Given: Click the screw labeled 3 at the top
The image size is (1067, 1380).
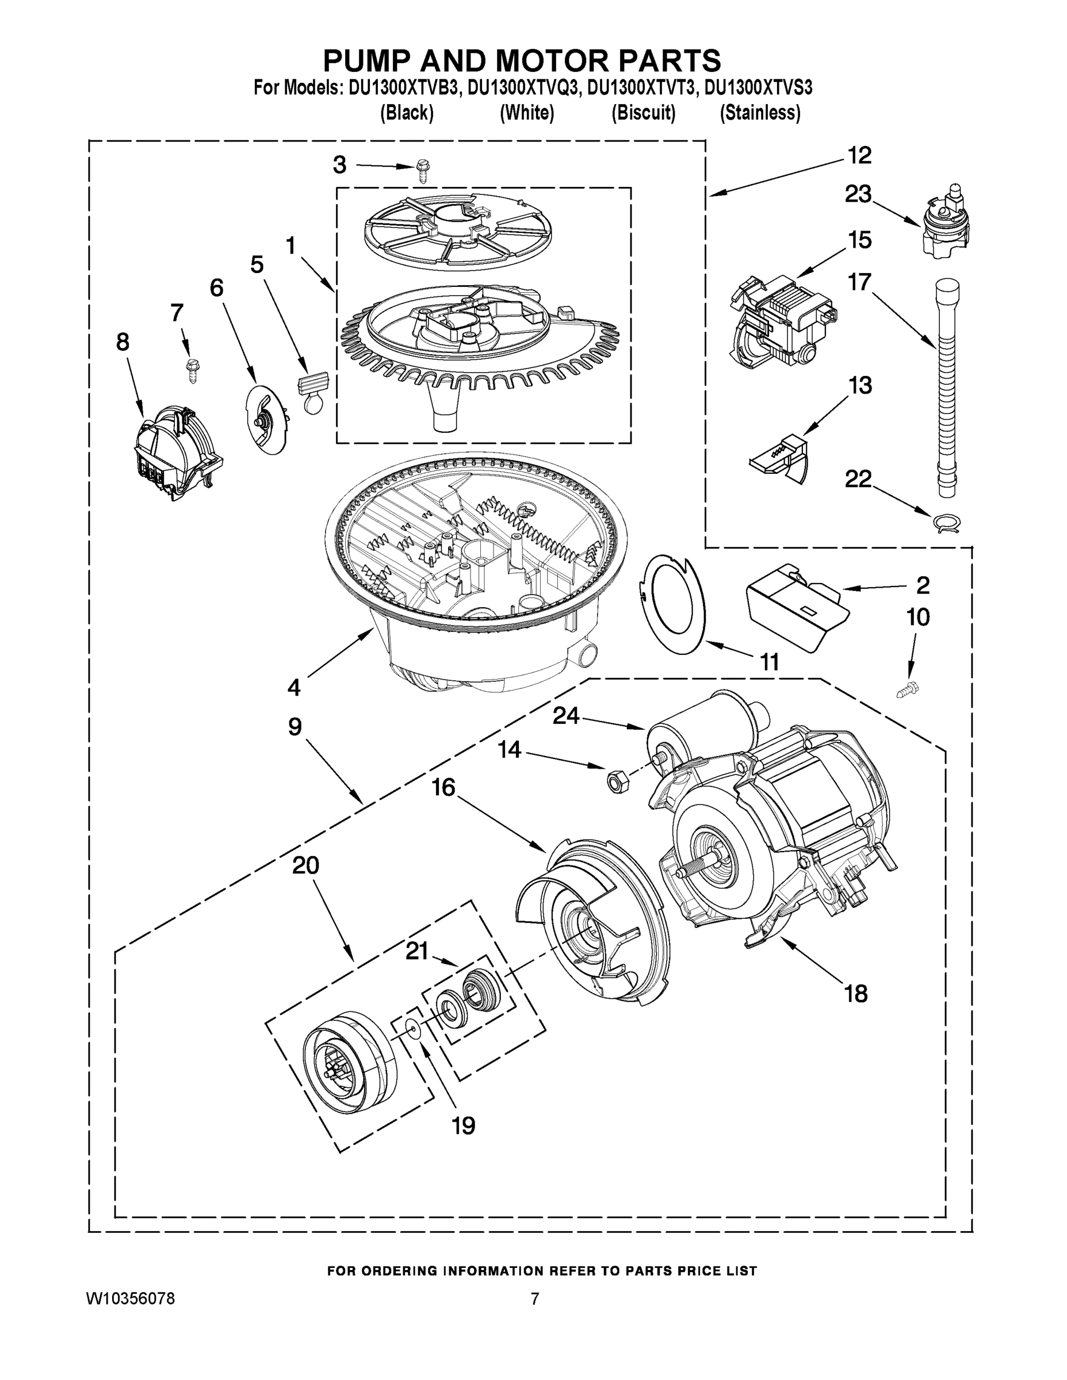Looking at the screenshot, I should pyautogui.click(x=422, y=171).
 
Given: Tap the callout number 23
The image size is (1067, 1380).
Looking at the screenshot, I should pyautogui.click(x=858, y=194).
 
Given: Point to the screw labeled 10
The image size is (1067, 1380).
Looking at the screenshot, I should pyautogui.click(x=908, y=690).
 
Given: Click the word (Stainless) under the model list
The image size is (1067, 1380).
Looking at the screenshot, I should pyautogui.click(x=760, y=113).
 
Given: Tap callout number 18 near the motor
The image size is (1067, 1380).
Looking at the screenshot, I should pyautogui.click(x=856, y=995).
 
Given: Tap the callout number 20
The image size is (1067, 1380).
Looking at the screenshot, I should pyautogui.click(x=305, y=865).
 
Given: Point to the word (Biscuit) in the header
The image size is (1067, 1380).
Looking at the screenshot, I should pyautogui.click(x=644, y=113).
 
